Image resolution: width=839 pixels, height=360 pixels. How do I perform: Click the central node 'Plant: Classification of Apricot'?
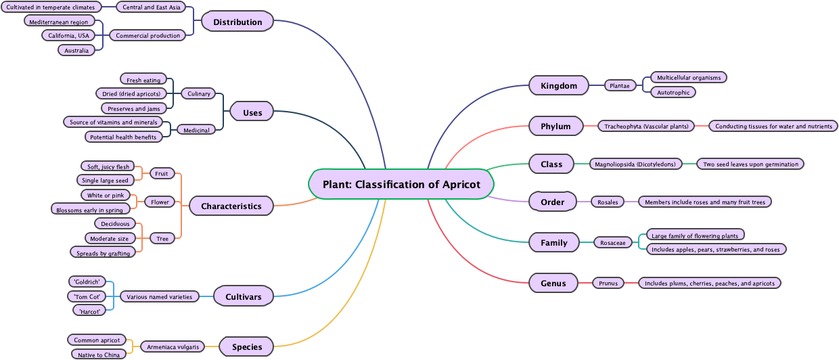pyautogui.click(x=401, y=184)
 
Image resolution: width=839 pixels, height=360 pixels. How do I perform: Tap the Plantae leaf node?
pyautogui.click(x=619, y=85)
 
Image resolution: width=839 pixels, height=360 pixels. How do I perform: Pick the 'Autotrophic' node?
pyautogui.click(x=673, y=92)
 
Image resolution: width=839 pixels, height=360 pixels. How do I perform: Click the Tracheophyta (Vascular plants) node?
pyautogui.click(x=646, y=126)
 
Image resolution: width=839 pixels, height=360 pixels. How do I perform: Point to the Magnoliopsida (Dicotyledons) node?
pyautogui.click(x=635, y=164)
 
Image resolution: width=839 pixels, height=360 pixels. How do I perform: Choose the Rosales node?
pyautogui.click(x=608, y=202)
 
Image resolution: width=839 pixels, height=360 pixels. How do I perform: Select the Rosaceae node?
pyautogui.click(x=613, y=242)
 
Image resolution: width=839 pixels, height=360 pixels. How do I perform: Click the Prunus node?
pyautogui.click(x=608, y=283)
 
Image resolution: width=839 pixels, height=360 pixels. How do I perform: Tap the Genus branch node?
pyautogui.click(x=553, y=283)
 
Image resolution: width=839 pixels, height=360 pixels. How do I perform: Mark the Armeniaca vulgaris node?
pyautogui.click(x=173, y=347)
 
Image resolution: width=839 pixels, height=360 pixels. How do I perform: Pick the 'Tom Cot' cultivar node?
pyautogui.click(x=87, y=296)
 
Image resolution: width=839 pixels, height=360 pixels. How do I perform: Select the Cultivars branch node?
pyautogui.click(x=243, y=296)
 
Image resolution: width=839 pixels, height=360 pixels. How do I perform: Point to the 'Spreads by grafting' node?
pyautogui.click(x=103, y=253)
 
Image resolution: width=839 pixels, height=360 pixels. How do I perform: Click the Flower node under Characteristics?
pyautogui.click(x=160, y=202)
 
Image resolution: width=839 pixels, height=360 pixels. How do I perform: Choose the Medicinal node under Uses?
pyautogui.click(x=196, y=130)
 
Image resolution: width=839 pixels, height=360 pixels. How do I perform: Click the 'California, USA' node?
pyautogui.click(x=68, y=35)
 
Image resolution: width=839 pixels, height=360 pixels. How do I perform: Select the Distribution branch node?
pyautogui.click(x=237, y=22)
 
